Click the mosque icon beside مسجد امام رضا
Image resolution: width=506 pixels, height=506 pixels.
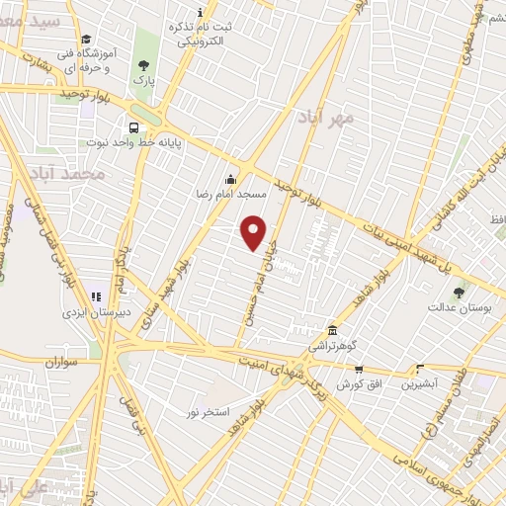coord(231,179)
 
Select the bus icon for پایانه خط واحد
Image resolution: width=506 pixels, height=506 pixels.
coord(131,126)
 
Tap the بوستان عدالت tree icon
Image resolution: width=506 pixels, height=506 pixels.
coord(459,293)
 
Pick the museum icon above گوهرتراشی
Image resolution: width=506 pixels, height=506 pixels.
coord(332,331)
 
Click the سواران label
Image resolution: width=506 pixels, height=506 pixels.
coord(60,364)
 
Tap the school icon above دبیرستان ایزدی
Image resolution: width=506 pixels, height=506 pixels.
coord(96,295)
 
